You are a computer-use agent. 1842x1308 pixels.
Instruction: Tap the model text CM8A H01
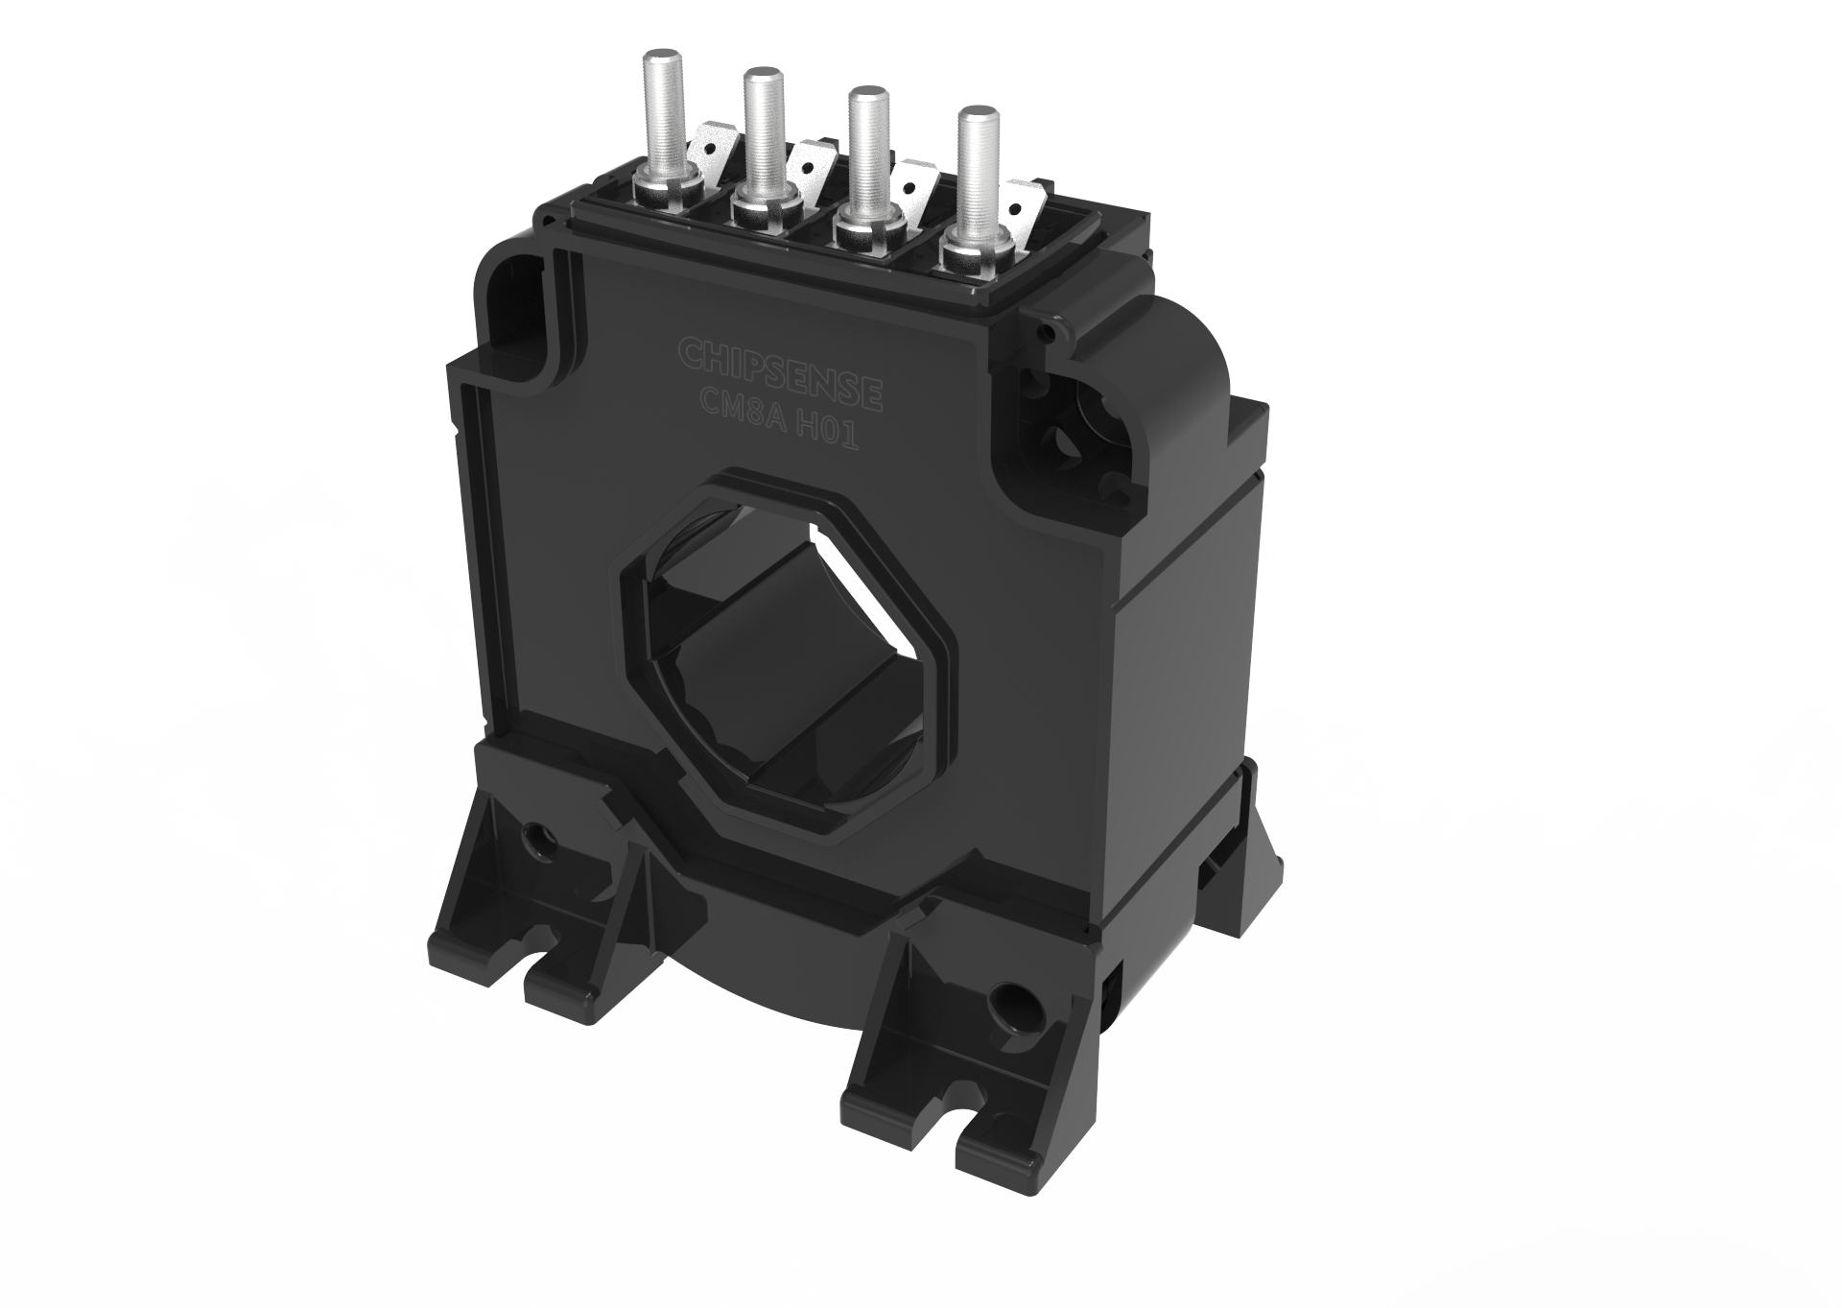point(779,425)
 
